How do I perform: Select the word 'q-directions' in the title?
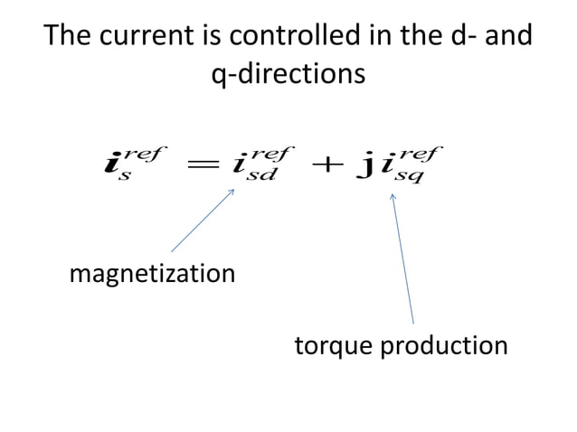(288, 73)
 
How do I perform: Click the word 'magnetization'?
(152, 273)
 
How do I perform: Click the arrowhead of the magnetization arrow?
(232, 188)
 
